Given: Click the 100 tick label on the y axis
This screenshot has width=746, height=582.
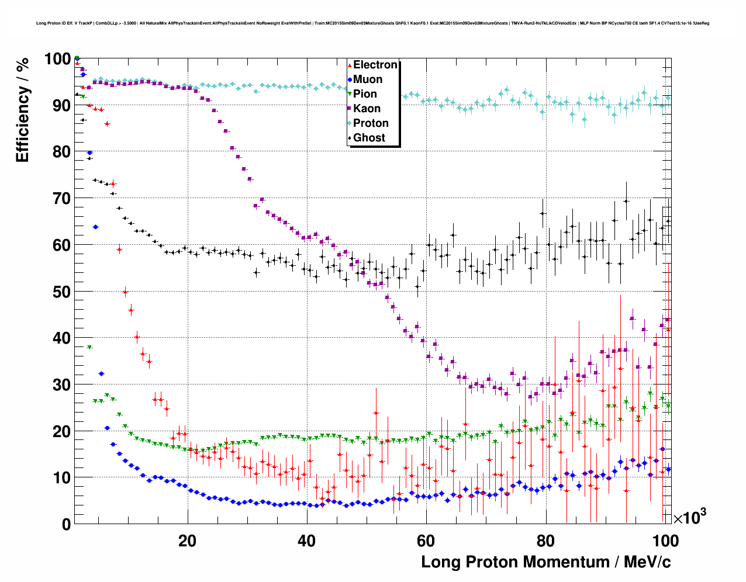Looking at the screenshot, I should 57,59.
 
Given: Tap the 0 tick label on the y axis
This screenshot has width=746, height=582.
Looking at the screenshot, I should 66,524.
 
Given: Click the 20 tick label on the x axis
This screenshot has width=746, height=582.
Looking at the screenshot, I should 187,541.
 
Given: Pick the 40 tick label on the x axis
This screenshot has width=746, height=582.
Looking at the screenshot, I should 307,541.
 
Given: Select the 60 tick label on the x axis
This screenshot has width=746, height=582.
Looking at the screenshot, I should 426,541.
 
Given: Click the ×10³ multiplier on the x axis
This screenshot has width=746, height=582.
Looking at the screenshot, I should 689,517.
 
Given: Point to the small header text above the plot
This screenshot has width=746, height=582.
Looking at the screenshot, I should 372,23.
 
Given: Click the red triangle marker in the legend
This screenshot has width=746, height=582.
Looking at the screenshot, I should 350,65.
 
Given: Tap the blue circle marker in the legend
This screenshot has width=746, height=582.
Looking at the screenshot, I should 350,79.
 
